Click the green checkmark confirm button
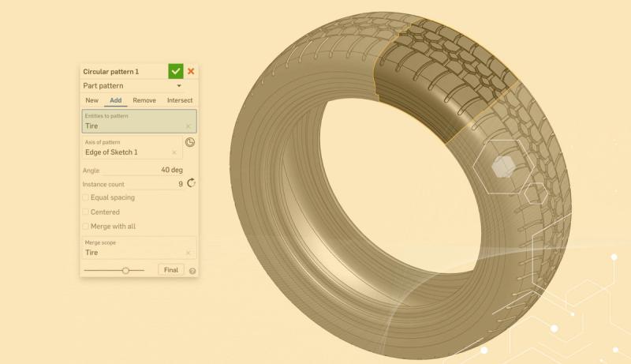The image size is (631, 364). [175, 71]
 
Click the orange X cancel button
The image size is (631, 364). [191, 71]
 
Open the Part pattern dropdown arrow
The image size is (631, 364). [180, 86]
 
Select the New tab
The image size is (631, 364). [92, 100]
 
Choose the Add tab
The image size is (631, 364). [115, 100]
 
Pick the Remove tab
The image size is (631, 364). [144, 100]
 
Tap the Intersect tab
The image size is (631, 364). [180, 100]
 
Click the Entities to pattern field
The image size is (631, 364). [138, 122]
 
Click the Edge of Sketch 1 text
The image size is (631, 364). [111, 152]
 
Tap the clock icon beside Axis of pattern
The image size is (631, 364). [190, 142]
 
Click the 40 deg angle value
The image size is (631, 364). [172, 170]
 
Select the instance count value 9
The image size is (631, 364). [181, 184]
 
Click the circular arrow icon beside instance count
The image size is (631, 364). [191, 183]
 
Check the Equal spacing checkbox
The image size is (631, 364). [86, 197]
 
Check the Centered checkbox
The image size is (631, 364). [86, 212]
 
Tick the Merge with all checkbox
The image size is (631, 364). [86, 227]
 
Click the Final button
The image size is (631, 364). [170, 270]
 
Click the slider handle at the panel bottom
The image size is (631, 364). [125, 270]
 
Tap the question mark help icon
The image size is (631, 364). [192, 271]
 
